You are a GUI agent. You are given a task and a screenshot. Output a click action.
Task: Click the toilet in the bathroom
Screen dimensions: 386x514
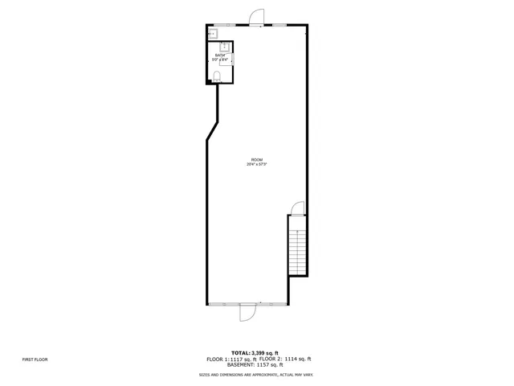tap(217, 76)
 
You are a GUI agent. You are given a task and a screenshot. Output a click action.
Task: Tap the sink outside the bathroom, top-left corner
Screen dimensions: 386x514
tap(212, 34)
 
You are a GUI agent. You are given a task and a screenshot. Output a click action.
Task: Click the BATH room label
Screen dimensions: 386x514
tap(220, 55)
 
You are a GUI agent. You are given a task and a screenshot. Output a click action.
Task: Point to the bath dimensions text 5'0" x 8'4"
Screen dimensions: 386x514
tap(221, 60)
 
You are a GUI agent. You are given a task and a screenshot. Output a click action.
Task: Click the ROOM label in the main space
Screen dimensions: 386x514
tap(256, 160)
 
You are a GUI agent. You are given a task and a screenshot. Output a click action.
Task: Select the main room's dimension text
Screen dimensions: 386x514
tap(256, 165)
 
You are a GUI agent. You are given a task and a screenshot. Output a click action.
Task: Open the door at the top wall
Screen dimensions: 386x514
tap(256, 17)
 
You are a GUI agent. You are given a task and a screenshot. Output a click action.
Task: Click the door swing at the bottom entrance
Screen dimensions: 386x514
tap(247, 312)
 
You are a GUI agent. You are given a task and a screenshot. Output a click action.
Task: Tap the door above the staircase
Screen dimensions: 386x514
tap(297, 208)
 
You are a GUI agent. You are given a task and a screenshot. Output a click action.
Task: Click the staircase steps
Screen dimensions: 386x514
tap(297, 249)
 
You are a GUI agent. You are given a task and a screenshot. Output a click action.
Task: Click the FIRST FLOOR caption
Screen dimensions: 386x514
tap(35, 359)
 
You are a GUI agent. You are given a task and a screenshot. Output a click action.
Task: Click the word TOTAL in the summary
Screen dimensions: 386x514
tap(241, 353)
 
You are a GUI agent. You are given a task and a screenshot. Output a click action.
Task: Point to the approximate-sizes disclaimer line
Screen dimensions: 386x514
tap(256, 375)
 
